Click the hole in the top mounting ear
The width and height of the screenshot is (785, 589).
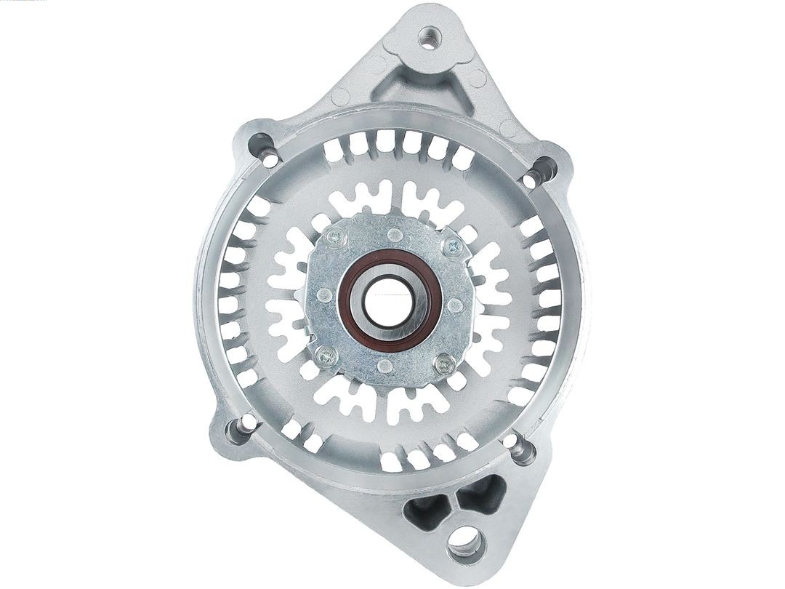(430, 36)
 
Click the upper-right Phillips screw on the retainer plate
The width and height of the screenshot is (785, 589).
(453, 247)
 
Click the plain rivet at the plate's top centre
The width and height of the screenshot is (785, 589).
(393, 234)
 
